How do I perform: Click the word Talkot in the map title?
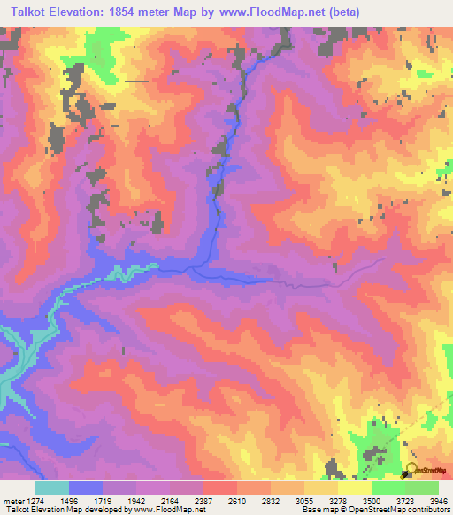pyautogui.click(x=27, y=12)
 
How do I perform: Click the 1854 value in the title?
pyautogui.click(x=142, y=12)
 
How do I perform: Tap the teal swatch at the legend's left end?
pyautogui.click(x=51, y=488)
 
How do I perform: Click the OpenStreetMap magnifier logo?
pyautogui.click(x=411, y=471)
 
